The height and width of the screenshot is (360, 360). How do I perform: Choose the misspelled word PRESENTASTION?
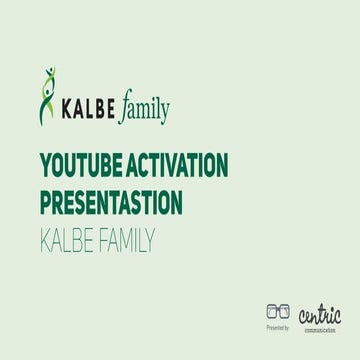coord(111,202)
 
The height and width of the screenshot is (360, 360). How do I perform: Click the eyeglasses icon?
coord(278,312)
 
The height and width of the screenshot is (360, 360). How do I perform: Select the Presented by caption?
coord(278,328)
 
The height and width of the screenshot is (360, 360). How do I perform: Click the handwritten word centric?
coord(320,314)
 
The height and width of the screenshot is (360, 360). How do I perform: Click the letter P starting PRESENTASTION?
coord(46,202)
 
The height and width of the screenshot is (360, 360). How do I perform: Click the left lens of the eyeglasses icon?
coord(272,312)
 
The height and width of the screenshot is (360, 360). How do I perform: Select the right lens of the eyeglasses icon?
coord(285,312)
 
